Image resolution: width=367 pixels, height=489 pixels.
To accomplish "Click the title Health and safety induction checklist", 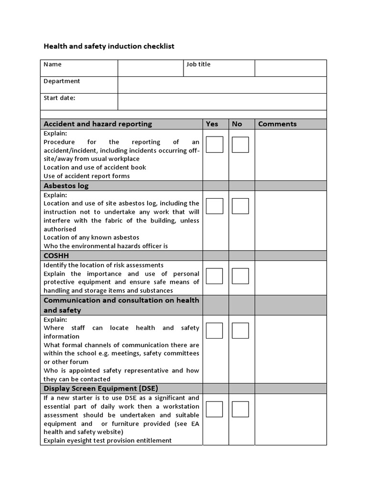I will pyautogui.click(x=109, y=46).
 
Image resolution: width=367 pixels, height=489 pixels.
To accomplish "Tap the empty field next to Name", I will pyautogui.click(x=151, y=68).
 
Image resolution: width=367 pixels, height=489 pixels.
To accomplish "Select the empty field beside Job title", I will pyautogui.click(x=290, y=68).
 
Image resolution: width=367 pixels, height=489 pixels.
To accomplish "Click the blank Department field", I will pyautogui.click(x=222, y=85).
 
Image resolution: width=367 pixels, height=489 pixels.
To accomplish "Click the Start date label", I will pyautogui.click(x=59, y=98).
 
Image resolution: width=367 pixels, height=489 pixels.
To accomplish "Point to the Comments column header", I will pyautogui.click(x=277, y=124).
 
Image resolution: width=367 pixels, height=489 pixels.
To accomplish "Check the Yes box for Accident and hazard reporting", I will pyautogui.click(x=215, y=145).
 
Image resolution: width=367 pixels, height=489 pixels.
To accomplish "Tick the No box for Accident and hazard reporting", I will pyautogui.click(x=240, y=145).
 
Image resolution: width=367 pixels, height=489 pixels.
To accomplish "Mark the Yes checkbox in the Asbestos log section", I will pyautogui.click(x=215, y=206).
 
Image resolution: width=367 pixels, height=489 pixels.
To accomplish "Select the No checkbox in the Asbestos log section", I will pyautogui.click(x=240, y=206).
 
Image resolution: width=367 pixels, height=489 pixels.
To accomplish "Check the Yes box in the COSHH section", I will pyautogui.click(x=215, y=276).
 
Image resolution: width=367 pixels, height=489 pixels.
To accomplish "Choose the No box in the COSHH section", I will pyautogui.click(x=240, y=276).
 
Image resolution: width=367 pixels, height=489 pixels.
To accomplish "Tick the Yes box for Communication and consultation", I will pyautogui.click(x=215, y=330).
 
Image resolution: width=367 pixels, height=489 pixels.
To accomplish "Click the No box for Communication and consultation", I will pyautogui.click(x=240, y=330).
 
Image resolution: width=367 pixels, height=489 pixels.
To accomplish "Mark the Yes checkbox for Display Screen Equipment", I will pyautogui.click(x=215, y=409).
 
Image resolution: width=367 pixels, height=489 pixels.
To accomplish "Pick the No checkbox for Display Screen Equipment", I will pyautogui.click(x=240, y=409).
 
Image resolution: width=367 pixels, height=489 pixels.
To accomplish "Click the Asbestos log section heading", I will pyautogui.click(x=66, y=185).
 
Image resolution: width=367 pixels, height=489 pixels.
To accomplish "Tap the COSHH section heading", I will pyautogui.click(x=56, y=255).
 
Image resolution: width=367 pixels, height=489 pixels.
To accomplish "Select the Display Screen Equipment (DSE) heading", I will pyautogui.click(x=101, y=388).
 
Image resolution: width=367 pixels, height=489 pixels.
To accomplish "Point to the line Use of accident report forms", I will pyautogui.click(x=86, y=176).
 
